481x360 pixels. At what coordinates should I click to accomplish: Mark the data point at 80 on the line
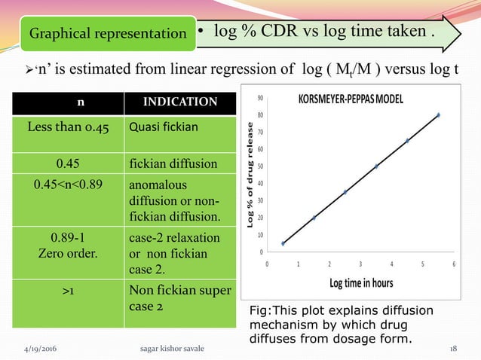(438, 115)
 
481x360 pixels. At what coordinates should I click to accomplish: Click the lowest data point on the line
(283, 243)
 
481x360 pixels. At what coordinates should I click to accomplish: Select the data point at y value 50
(376, 166)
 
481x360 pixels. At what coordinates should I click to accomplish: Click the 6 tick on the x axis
(454, 264)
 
